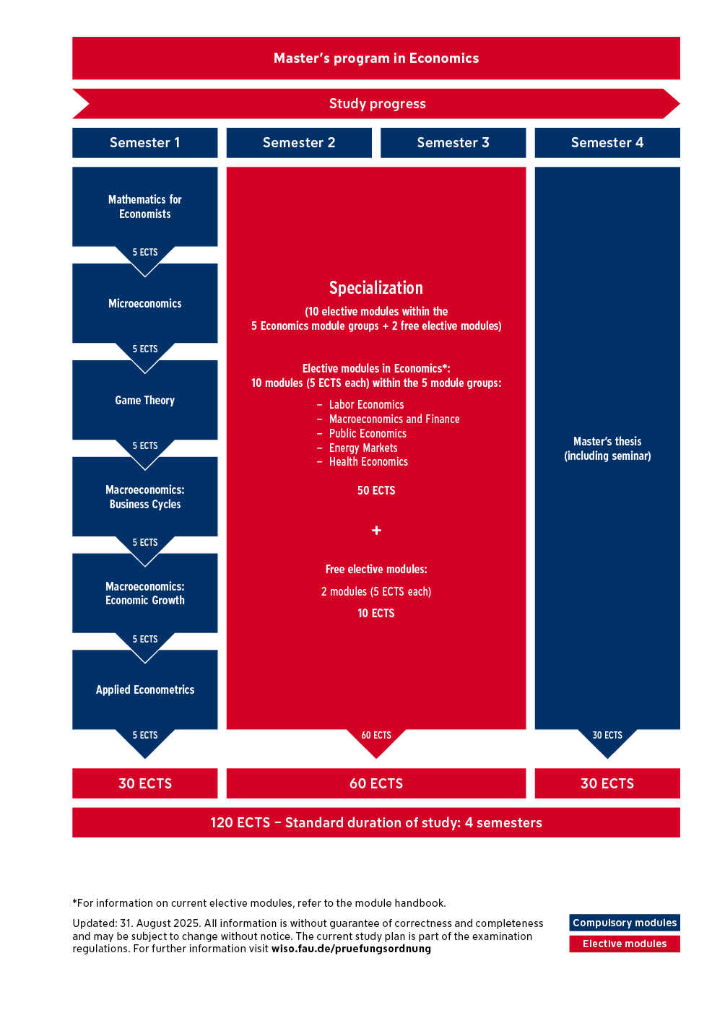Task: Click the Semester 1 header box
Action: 144,143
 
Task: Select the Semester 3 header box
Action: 453,143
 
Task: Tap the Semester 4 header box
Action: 607,143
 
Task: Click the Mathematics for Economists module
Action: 144,206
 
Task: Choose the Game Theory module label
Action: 144,400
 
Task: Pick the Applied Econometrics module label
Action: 144,689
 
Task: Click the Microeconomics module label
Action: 144,303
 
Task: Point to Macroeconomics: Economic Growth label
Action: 144,593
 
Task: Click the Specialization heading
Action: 375,288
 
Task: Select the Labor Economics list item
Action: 366,405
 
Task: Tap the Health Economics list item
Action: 368,462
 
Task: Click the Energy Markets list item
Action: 363,448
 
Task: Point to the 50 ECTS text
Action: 375,490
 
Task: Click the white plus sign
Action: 376,531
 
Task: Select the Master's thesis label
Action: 607,448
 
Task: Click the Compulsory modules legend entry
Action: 624,923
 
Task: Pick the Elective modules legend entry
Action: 624,944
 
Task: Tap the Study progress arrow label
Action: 377,104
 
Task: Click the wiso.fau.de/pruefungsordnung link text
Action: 351,949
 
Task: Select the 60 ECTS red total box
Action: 375,783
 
